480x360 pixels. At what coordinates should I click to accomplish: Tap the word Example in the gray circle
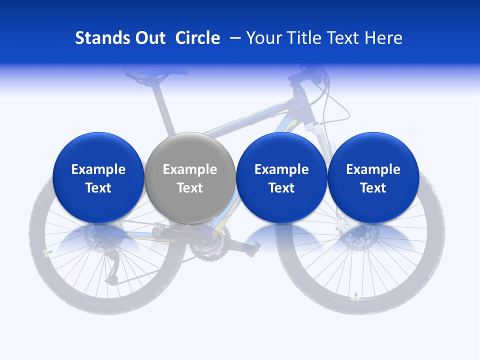pyautogui.click(x=190, y=169)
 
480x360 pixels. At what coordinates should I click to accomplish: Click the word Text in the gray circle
pyautogui.click(x=190, y=188)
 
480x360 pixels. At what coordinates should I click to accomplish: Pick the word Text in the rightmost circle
pyautogui.click(x=373, y=188)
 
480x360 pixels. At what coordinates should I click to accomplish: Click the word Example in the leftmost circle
pyautogui.click(x=98, y=169)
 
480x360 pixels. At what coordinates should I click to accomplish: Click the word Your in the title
pyautogui.click(x=263, y=38)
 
